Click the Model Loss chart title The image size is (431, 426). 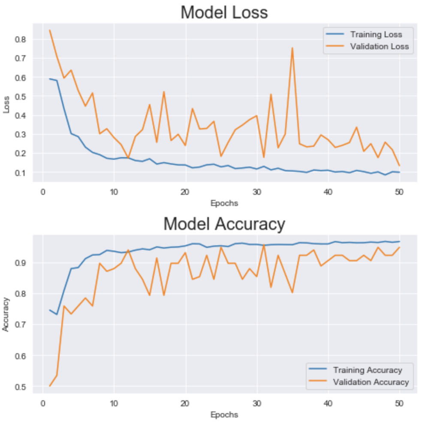click(x=224, y=12)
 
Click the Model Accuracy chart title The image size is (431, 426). click(x=224, y=223)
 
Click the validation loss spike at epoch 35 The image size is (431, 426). click(x=292, y=48)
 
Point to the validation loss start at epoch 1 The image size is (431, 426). click(x=50, y=30)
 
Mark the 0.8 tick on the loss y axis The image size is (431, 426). click(x=21, y=39)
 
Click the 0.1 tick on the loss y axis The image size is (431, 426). click(x=21, y=173)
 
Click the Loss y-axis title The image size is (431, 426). click(x=6, y=106)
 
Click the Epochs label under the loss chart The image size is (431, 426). click(x=224, y=203)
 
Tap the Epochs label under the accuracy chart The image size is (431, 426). click(x=224, y=414)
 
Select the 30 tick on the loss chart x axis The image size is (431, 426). click(x=257, y=191)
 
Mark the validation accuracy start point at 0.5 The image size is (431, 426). click(x=50, y=386)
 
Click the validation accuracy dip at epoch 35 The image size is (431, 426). click(x=292, y=292)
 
